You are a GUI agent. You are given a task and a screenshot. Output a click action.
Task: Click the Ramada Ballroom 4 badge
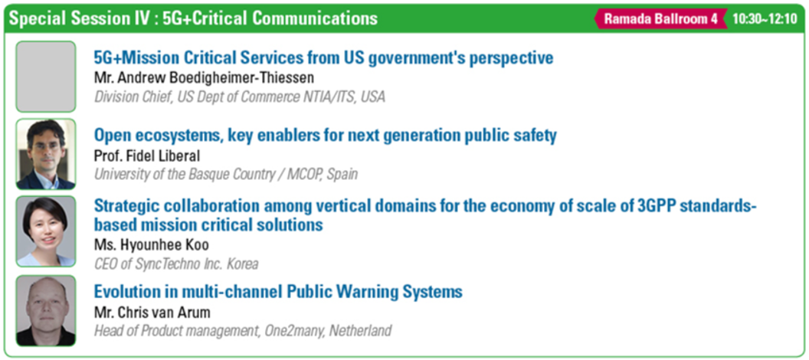[x=661, y=18]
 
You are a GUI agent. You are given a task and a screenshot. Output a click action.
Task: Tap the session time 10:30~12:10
[x=765, y=19]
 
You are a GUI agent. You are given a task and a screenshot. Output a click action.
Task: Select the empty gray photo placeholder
[x=46, y=77]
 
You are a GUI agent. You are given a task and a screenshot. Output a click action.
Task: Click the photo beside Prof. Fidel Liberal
[x=46, y=154]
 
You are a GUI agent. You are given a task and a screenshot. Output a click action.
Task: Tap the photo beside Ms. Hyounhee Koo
[x=46, y=231]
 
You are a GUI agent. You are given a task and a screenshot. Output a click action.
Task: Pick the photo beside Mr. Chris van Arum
[x=46, y=310]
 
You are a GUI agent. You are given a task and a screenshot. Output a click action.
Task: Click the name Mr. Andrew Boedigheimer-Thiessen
[x=204, y=78]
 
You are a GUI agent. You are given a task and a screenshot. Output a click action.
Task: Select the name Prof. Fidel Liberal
[x=146, y=155]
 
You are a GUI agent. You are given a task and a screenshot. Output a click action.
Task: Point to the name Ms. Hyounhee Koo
[x=151, y=244]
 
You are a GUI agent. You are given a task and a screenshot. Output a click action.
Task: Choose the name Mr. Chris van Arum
[x=152, y=313]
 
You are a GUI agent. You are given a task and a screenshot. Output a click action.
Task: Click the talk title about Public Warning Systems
[x=278, y=292]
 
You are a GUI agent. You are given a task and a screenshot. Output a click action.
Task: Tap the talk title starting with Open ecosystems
[x=325, y=136]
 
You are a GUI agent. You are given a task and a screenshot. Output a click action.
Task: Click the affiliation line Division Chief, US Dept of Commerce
[x=239, y=97]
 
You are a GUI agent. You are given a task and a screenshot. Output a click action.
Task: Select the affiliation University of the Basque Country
[x=225, y=174]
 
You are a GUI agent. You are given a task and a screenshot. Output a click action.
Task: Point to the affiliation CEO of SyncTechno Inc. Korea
[x=176, y=264]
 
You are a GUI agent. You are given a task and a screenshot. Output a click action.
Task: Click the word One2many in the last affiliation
[x=290, y=331]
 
